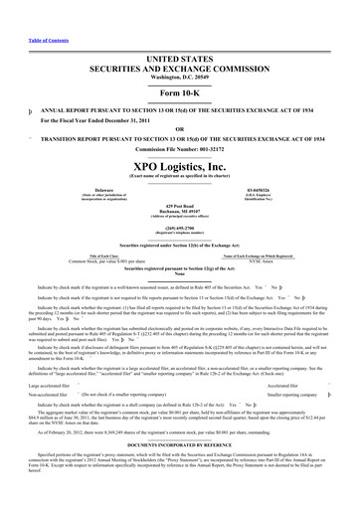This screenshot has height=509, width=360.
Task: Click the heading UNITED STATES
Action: pyautogui.click(x=179, y=33)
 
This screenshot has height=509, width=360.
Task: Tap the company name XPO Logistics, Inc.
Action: pyautogui.click(x=179, y=143)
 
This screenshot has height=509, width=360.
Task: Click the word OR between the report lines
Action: pyautogui.click(x=179, y=99)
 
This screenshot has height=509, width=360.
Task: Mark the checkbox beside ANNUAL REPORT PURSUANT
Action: pyautogui.click(x=9, y=84)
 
